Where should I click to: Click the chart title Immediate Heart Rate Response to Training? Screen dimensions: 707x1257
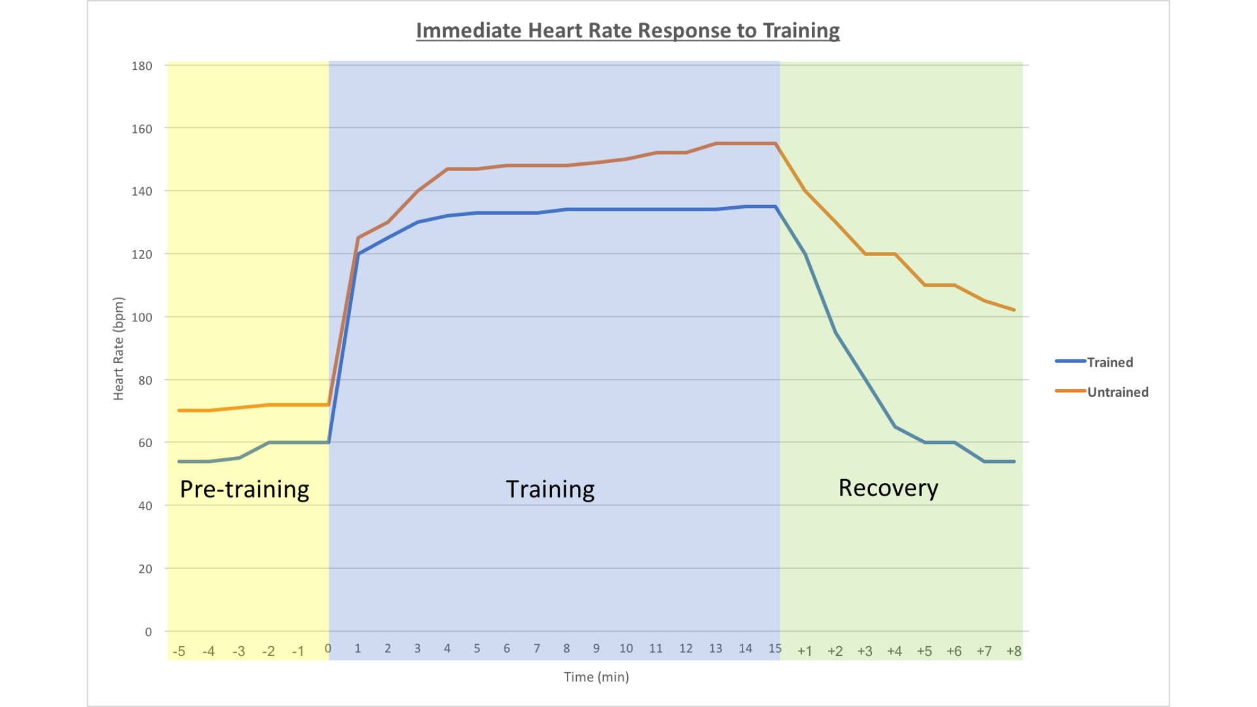point(627,31)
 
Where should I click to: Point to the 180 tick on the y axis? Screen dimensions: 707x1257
point(141,65)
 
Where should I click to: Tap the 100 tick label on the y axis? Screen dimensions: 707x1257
point(141,317)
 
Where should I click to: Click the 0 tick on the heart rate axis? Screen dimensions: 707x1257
point(148,632)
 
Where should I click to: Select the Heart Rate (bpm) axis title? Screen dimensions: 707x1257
point(118,348)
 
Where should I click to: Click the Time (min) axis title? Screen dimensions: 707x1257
point(596,677)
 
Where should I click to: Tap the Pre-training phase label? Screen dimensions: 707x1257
point(244,489)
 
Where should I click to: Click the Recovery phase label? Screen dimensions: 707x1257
point(888,488)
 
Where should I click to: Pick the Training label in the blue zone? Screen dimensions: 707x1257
point(550,489)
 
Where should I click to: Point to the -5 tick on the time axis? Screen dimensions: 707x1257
point(179,651)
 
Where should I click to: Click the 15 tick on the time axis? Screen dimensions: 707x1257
point(775,648)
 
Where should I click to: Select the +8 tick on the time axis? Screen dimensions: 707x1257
point(1013,651)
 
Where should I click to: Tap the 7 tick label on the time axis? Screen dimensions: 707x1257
point(537,648)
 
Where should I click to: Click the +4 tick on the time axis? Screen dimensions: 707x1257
point(894,651)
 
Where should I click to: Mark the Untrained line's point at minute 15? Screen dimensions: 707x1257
point(776,143)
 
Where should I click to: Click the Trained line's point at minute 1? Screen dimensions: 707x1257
point(358,254)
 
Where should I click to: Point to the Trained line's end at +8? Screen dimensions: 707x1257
point(1014,462)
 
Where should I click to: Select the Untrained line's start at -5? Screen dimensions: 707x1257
point(179,410)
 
